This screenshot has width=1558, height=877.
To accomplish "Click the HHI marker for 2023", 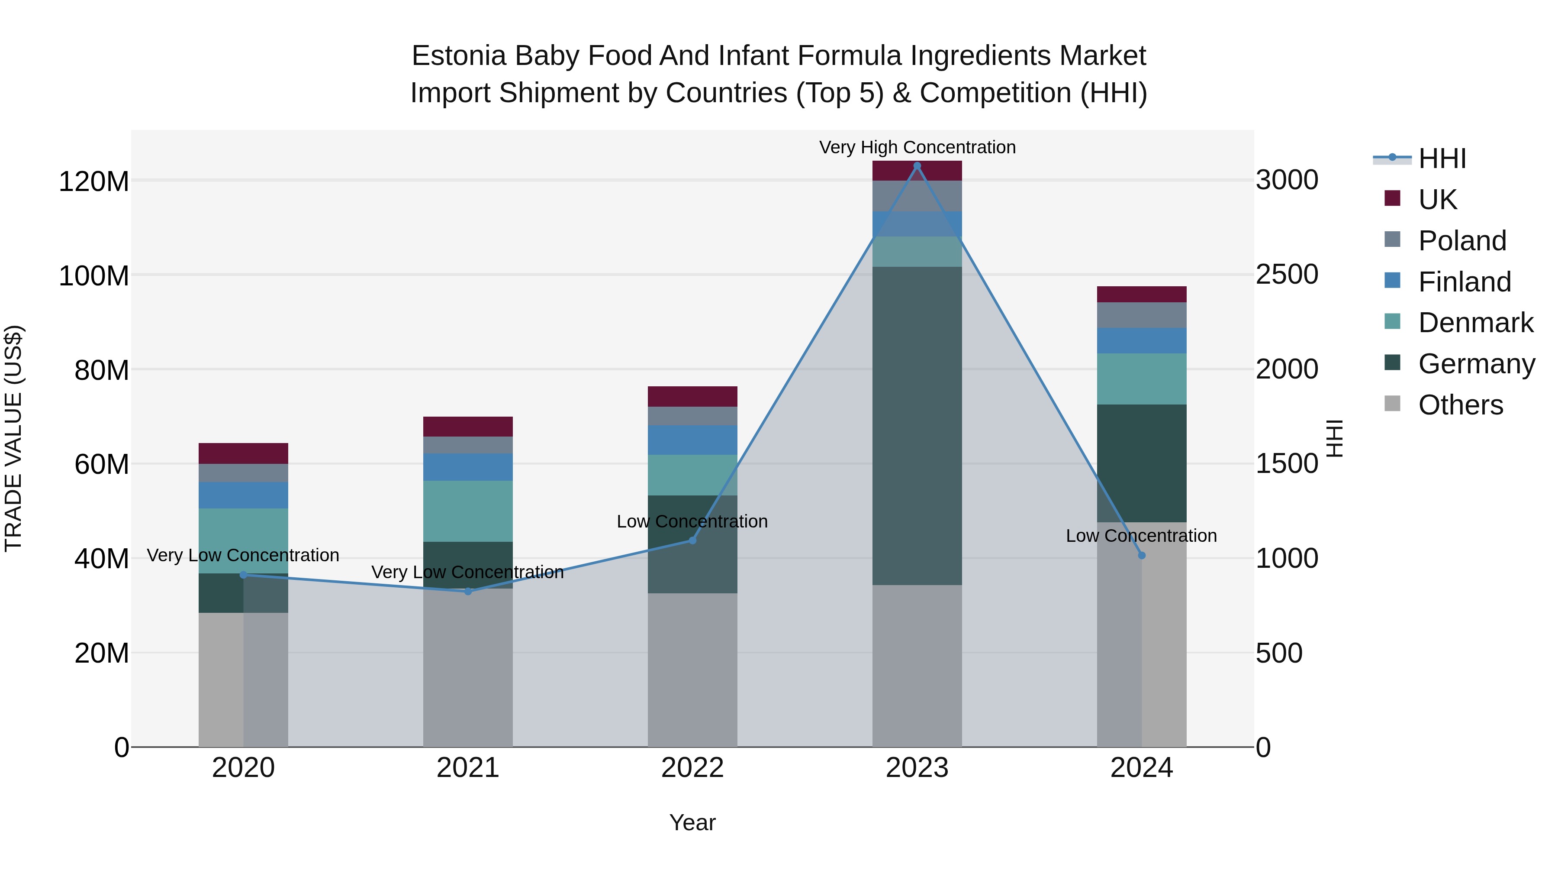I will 917,166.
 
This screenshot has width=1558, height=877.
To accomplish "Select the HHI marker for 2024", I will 1141,555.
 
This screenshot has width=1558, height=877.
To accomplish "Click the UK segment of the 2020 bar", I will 243,453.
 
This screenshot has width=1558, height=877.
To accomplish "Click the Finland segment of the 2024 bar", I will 1141,341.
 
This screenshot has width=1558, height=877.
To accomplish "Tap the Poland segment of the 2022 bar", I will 692,416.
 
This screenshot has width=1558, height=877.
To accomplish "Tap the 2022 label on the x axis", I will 692,768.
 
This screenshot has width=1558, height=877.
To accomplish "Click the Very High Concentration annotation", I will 917,147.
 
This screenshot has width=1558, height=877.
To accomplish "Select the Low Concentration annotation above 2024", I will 1141,536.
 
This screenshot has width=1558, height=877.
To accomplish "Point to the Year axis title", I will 692,822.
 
